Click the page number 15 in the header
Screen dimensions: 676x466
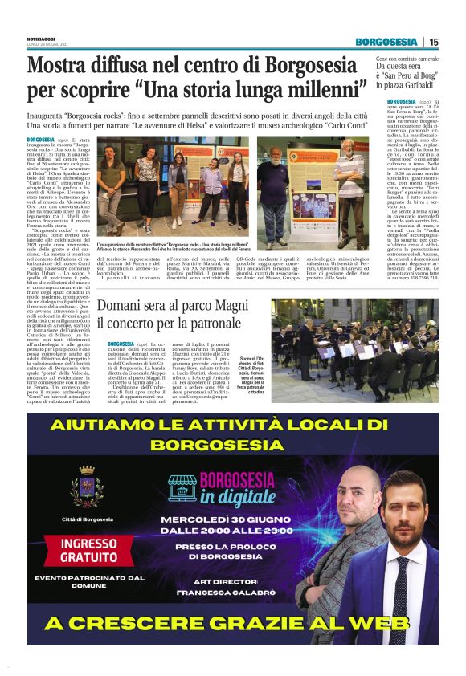click(434, 42)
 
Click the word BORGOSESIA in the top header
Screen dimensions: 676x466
click(386, 42)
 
